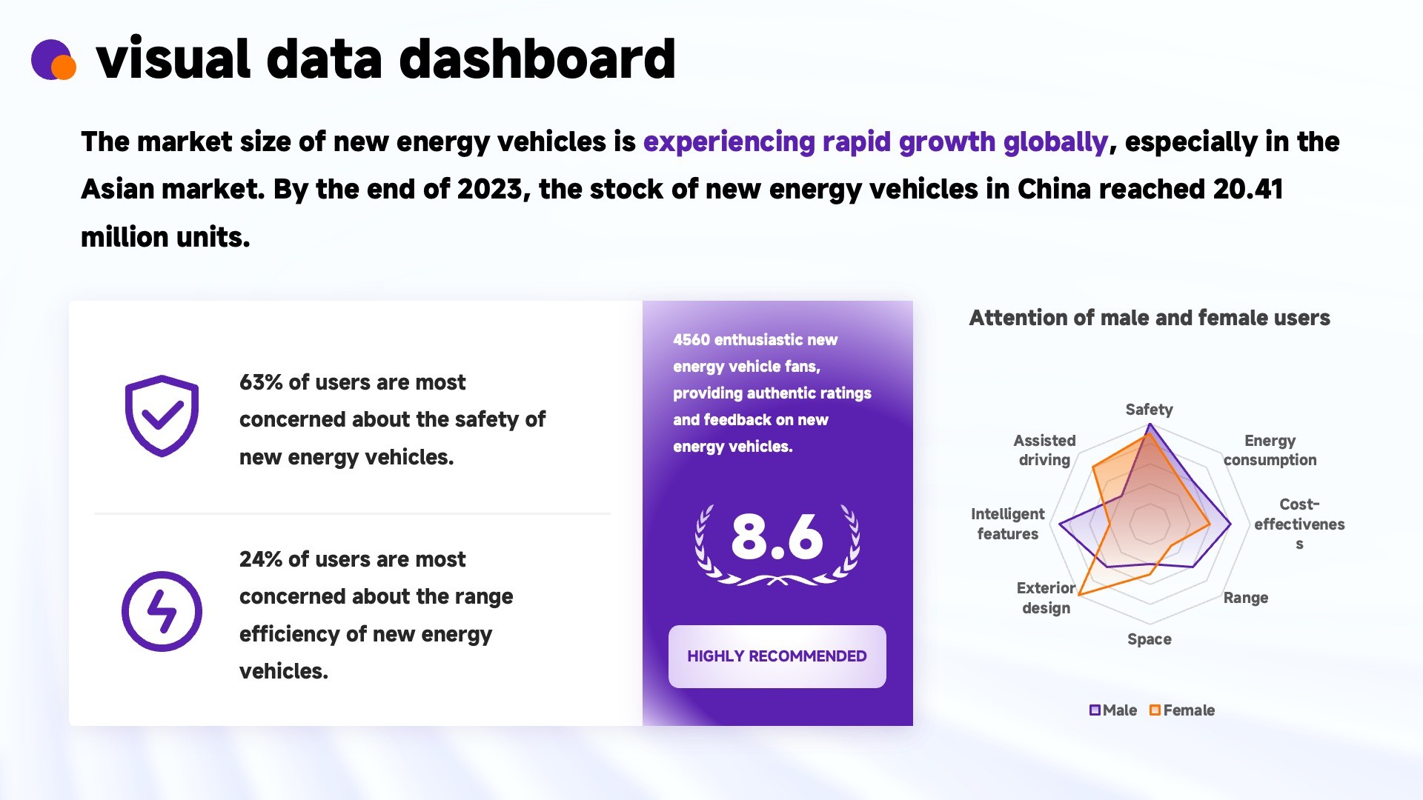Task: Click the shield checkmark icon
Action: coord(162,416)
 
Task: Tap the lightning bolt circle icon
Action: coord(162,611)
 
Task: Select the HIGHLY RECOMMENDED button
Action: coord(777,656)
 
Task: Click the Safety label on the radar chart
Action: coord(1149,410)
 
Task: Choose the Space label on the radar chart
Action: coord(1149,639)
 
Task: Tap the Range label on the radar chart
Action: coord(1245,598)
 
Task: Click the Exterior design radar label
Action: coord(1046,598)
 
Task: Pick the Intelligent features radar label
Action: coord(1007,524)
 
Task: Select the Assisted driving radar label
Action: coord(1044,450)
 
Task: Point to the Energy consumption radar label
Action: coord(1270,450)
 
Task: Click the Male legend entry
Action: coord(1112,710)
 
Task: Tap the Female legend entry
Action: coord(1181,710)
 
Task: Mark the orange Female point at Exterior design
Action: coord(1079,594)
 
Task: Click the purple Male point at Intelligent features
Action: coord(1060,524)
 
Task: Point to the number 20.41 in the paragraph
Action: coord(1248,189)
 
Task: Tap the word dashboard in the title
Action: coord(537,59)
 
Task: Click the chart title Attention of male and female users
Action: coord(1150,318)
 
